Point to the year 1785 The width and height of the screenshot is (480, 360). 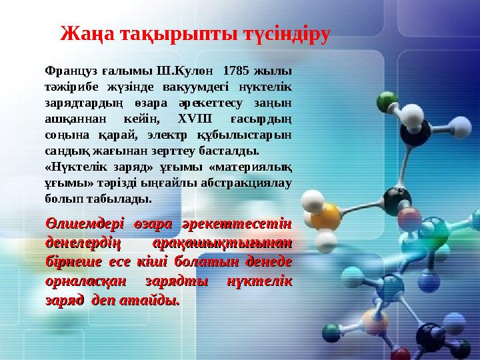235,69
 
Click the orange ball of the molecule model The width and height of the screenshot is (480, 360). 326,217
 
